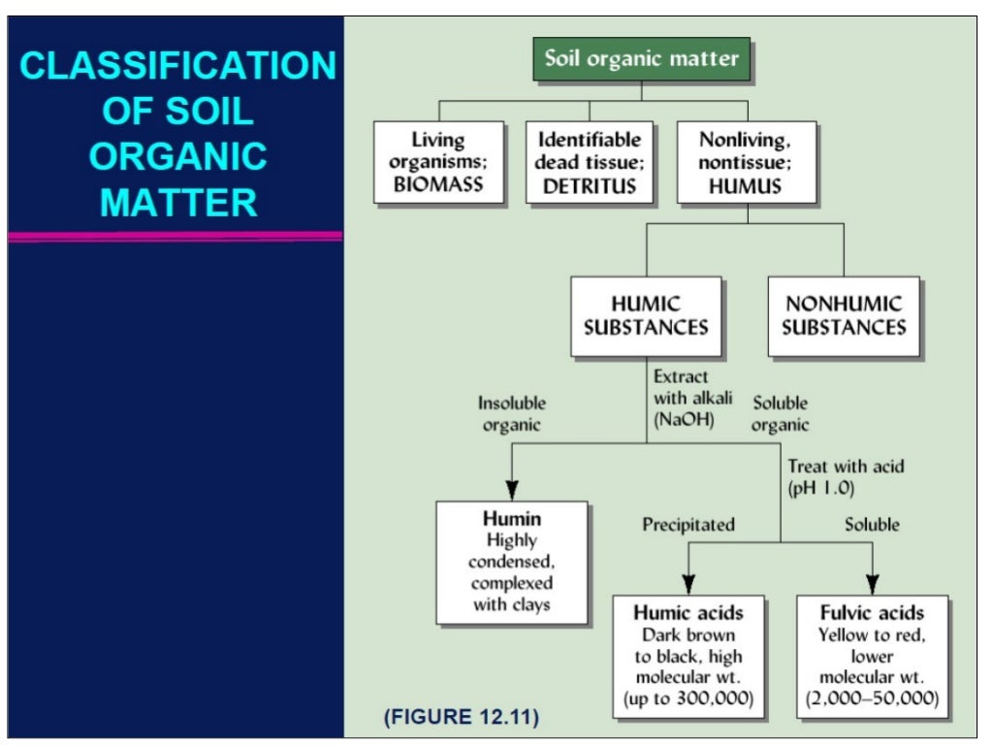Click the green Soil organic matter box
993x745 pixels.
pos(642,58)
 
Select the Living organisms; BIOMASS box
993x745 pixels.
pos(439,162)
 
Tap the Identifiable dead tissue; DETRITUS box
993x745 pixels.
pos(588,162)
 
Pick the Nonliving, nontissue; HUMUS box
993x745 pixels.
pos(745,162)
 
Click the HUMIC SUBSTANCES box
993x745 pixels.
pos(646,315)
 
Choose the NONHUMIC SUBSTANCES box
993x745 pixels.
pos(844,315)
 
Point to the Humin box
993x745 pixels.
pos(511,562)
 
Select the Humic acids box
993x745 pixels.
pos(689,656)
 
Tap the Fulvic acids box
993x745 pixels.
pos(871,656)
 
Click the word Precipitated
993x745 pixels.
pos(689,525)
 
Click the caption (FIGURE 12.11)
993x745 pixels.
pos(462,719)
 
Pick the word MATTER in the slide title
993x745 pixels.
pos(179,202)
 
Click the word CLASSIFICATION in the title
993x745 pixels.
pos(178,66)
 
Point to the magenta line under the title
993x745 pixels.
pos(176,236)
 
